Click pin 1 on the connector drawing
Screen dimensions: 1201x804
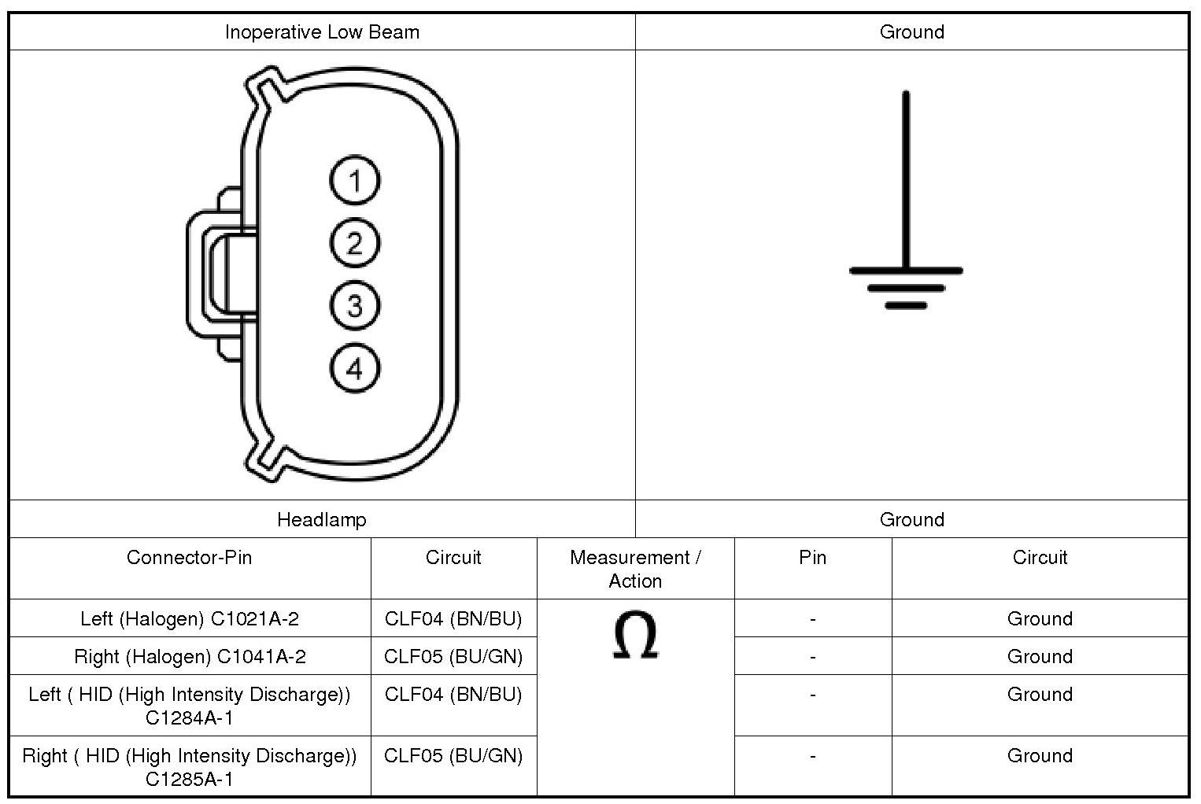point(354,181)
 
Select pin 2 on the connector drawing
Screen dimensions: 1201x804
point(354,243)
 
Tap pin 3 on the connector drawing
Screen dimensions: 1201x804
point(354,305)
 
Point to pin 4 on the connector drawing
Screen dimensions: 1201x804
point(354,368)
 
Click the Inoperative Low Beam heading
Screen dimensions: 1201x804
point(322,32)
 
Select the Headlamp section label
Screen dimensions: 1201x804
point(321,520)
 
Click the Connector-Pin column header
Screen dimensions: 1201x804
point(189,558)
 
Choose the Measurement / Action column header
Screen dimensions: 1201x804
point(635,569)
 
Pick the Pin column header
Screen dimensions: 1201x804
point(812,558)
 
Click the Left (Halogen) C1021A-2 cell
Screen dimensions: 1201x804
point(190,619)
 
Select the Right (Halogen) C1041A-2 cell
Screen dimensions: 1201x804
point(190,657)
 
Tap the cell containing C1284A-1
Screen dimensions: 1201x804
point(189,706)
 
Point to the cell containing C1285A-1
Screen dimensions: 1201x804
point(189,767)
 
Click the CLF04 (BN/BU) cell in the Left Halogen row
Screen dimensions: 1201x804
point(453,619)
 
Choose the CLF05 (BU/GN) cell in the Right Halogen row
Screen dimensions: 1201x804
point(453,657)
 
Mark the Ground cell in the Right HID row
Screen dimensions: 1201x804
point(1040,756)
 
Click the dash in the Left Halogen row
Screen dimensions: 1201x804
point(812,619)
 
